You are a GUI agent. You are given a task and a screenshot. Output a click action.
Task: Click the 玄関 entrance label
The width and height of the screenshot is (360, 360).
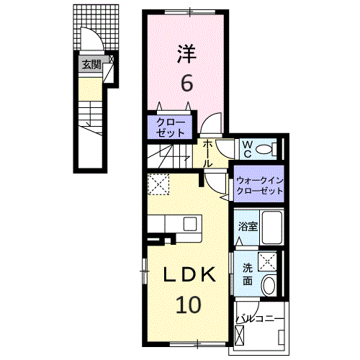(x=91, y=65)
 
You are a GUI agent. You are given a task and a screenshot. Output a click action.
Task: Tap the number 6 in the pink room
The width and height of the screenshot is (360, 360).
(x=186, y=83)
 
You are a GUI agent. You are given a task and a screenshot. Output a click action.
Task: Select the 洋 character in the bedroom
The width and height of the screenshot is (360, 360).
(x=186, y=54)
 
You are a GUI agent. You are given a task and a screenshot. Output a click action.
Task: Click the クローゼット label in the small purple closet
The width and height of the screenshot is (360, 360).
(x=171, y=127)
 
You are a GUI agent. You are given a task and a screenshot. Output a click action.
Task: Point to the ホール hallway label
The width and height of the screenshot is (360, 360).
(x=207, y=154)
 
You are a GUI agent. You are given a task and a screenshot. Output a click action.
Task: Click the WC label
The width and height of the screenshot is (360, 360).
(x=248, y=149)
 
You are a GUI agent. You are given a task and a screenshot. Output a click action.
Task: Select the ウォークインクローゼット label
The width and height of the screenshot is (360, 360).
(x=259, y=186)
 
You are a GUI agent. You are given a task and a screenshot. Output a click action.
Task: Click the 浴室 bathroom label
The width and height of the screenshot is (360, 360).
(x=248, y=226)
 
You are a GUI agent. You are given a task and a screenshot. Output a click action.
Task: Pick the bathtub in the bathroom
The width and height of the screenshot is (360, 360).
(x=271, y=227)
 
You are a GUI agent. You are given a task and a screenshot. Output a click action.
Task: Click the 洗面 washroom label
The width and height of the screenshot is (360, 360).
(x=248, y=274)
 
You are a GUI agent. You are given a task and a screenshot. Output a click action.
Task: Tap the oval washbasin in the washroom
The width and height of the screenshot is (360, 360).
(x=269, y=286)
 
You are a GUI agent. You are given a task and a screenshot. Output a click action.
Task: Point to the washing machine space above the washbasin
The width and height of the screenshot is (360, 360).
(x=267, y=261)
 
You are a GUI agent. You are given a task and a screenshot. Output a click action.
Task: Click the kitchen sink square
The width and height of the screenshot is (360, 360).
(x=190, y=223)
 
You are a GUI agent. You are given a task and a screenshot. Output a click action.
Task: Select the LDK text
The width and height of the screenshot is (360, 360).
(x=189, y=274)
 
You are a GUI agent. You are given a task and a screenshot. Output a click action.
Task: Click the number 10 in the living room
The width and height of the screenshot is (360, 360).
(x=189, y=305)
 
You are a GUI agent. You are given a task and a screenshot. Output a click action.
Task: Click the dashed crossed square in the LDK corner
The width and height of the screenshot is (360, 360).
(x=158, y=184)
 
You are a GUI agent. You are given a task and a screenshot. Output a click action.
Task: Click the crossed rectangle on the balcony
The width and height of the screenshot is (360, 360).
(x=240, y=336)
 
